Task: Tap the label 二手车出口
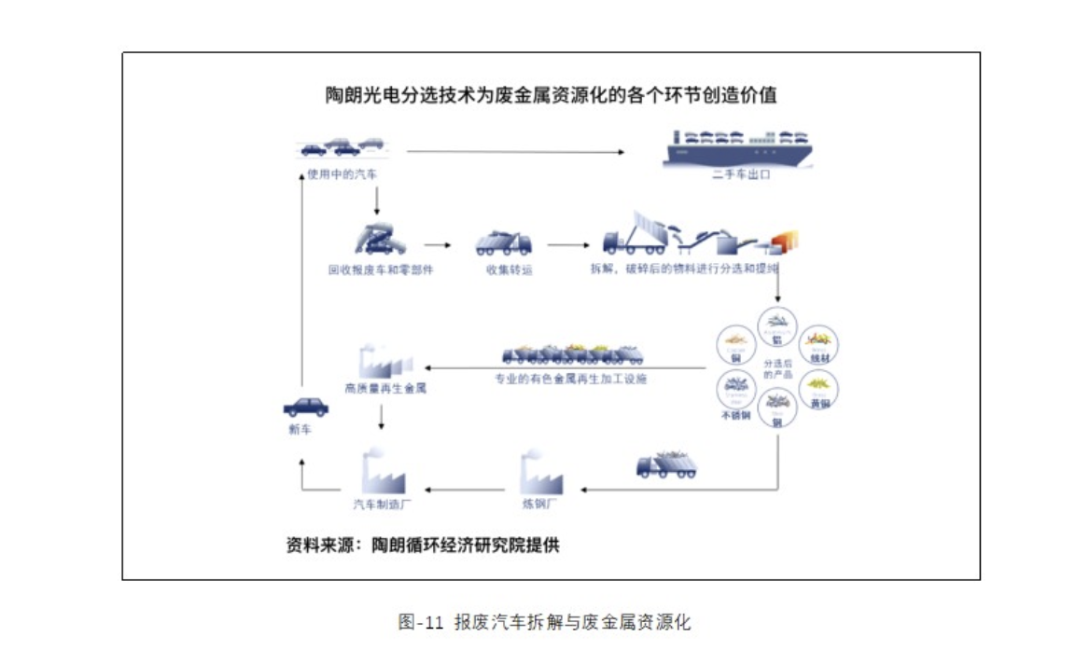click(741, 174)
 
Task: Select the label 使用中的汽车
click(342, 173)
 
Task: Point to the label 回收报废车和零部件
click(381, 270)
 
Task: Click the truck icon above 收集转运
click(503, 242)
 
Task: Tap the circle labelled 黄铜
click(819, 388)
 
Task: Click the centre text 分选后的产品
click(776, 368)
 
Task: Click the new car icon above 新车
click(306, 407)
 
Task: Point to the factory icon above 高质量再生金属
click(384, 359)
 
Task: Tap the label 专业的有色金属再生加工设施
click(570, 379)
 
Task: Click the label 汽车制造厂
click(383, 504)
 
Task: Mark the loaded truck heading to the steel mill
click(666, 463)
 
